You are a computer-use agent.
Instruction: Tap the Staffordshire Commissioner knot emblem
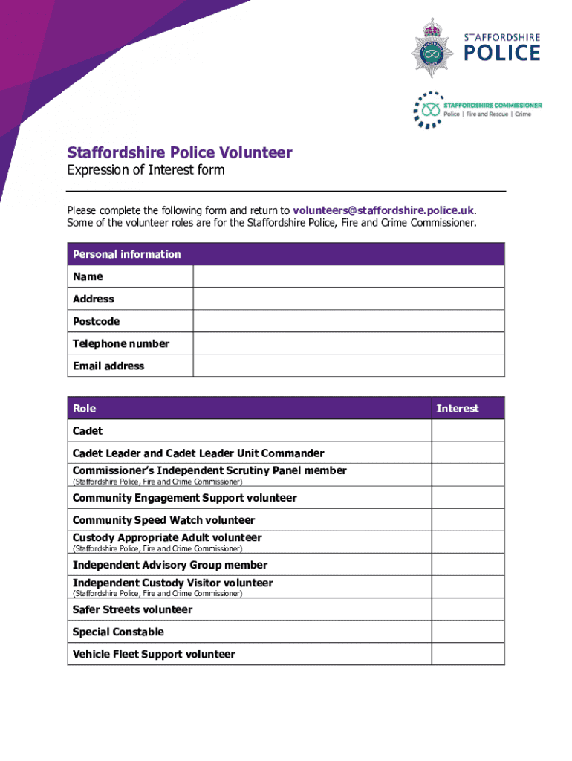point(427,109)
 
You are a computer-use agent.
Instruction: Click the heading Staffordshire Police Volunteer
point(180,153)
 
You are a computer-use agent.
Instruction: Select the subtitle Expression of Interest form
point(146,171)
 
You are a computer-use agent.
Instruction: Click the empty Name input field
point(348,276)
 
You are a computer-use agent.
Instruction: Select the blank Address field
point(348,299)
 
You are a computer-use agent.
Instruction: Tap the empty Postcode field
point(348,321)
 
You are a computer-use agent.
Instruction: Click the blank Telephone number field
point(348,343)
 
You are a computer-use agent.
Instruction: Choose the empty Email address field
point(348,366)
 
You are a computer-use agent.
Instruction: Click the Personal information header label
point(127,254)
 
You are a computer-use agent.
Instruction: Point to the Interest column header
point(458,409)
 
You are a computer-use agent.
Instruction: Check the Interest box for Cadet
point(467,431)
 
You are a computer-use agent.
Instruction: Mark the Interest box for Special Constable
point(467,632)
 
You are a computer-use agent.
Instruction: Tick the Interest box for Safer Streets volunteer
point(467,609)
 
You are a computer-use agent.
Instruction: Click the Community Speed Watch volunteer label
point(163,520)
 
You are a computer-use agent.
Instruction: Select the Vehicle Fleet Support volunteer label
point(154,654)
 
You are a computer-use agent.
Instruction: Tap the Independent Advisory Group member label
point(170,565)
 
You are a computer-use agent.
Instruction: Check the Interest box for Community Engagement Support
point(467,498)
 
